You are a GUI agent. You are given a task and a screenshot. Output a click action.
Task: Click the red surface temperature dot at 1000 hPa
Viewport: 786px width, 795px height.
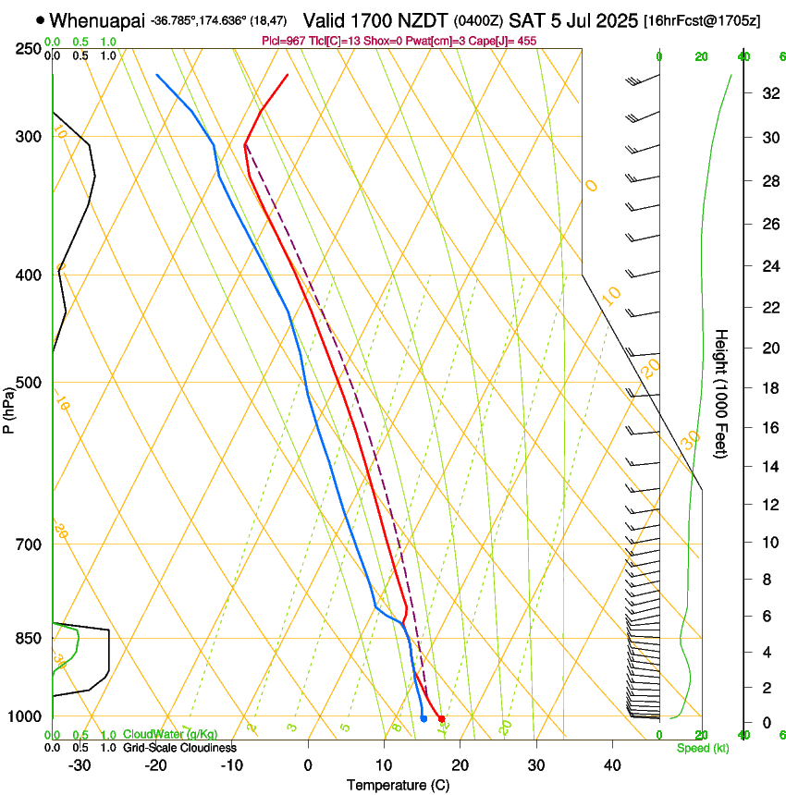(x=442, y=718)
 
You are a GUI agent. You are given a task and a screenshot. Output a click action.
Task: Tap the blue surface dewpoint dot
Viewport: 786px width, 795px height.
(x=424, y=718)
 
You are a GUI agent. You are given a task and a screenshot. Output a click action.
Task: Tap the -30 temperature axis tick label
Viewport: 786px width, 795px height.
(x=80, y=764)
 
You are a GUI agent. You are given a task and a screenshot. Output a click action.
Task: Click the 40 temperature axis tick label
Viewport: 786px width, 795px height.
(x=612, y=764)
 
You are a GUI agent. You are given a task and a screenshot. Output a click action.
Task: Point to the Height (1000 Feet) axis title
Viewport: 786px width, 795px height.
(x=721, y=393)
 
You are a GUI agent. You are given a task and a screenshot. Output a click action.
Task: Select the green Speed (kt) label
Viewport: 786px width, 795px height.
(x=702, y=748)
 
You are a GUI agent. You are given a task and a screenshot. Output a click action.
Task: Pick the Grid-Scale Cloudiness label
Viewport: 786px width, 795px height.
(x=179, y=748)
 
